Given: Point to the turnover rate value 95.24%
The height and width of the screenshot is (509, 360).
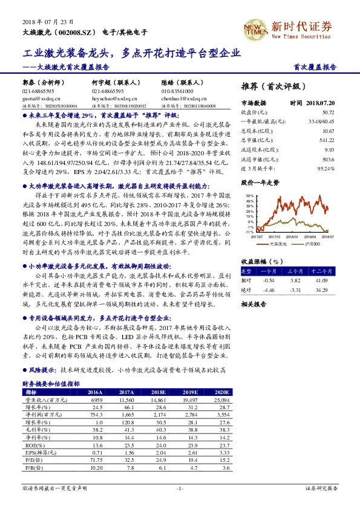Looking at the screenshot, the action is coord(326,169).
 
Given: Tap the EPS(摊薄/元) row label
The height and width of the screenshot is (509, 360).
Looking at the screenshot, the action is coord(38,452).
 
